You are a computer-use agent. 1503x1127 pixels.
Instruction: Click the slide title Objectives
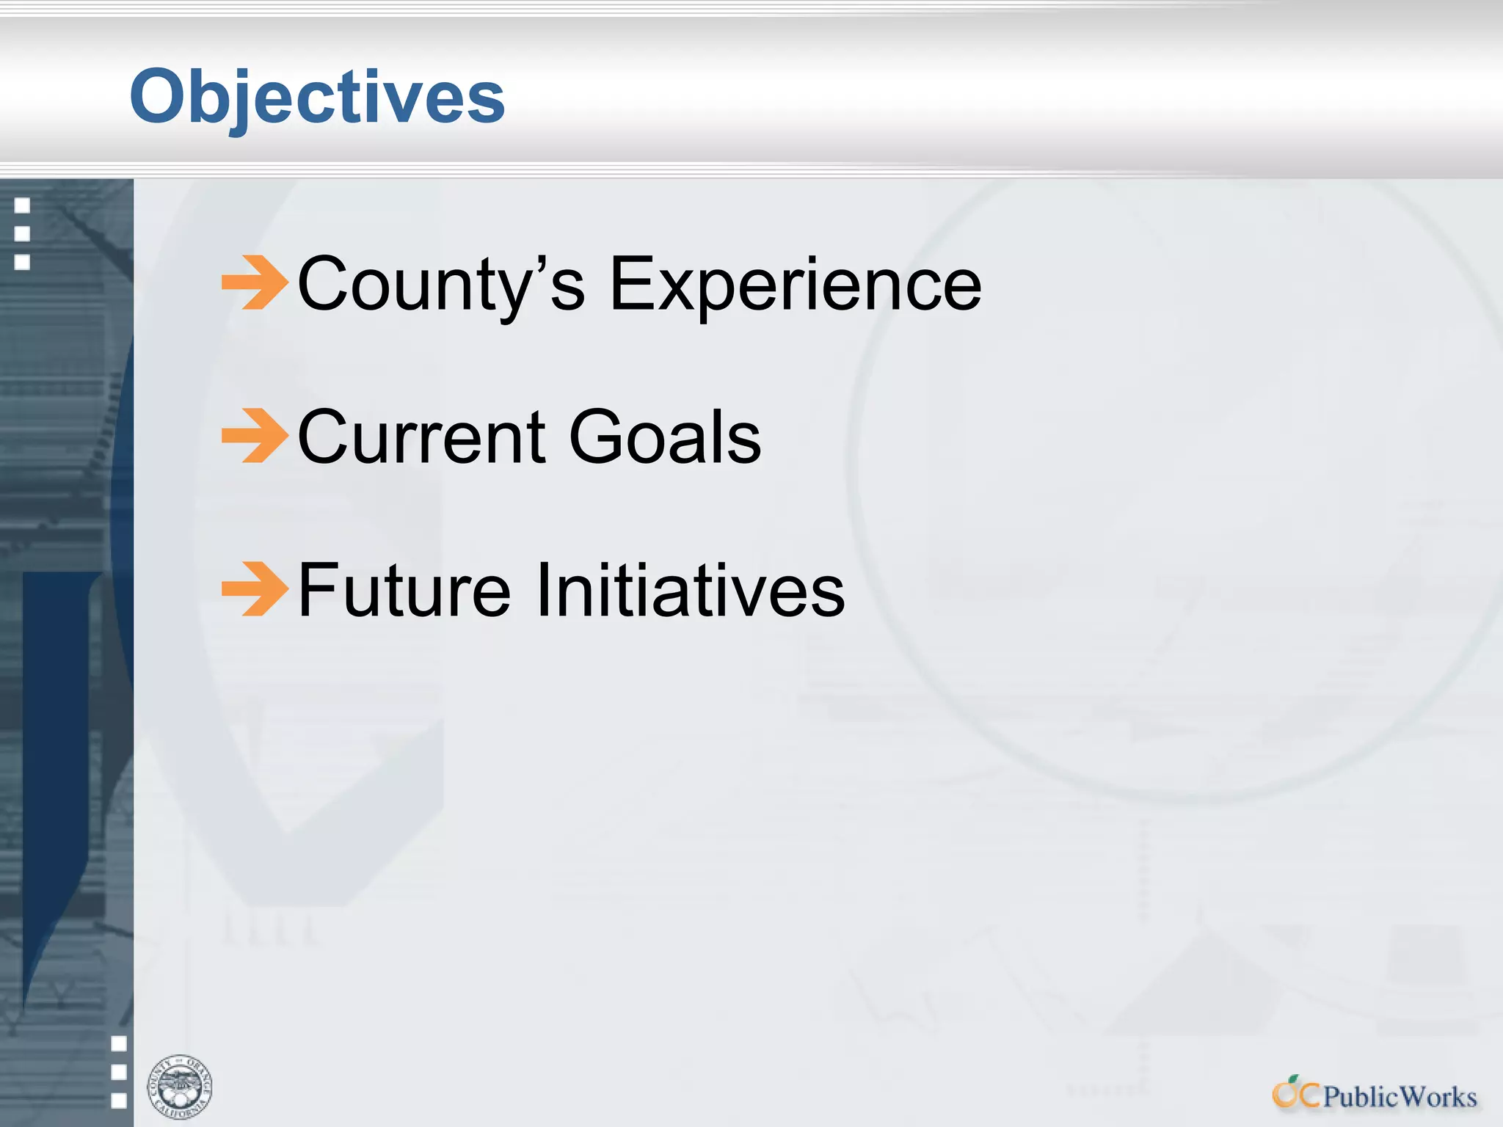point(317,97)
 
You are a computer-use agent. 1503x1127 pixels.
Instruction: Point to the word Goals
point(665,437)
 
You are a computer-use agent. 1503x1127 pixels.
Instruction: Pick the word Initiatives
point(690,590)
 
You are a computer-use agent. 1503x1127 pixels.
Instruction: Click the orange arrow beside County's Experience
point(255,282)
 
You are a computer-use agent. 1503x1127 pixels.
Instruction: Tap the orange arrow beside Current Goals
point(255,436)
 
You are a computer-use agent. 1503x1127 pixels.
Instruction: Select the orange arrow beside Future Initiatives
point(255,588)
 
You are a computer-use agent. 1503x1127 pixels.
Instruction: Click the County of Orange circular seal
point(179,1087)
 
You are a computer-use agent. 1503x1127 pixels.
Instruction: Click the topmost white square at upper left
point(23,205)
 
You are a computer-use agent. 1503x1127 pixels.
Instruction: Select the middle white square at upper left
point(23,233)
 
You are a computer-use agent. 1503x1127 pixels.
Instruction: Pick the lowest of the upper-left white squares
point(23,262)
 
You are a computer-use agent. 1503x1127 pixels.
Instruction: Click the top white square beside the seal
point(119,1043)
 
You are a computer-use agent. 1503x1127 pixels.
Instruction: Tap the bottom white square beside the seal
point(119,1100)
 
